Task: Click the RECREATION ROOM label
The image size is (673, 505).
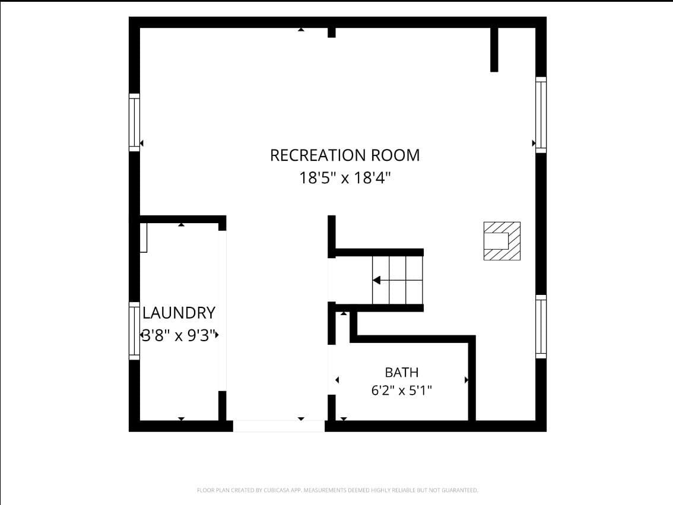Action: coord(345,155)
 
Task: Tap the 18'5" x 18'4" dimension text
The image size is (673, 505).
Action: coord(345,177)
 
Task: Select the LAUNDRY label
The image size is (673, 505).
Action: coord(179,313)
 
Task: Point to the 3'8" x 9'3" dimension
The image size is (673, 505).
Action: coord(179,335)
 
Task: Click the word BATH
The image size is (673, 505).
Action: coord(402,373)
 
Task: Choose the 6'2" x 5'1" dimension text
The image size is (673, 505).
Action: coord(401,390)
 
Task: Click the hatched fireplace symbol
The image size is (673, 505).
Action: coord(502,241)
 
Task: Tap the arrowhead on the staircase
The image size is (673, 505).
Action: coord(376,280)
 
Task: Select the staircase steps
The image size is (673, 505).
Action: coord(398,280)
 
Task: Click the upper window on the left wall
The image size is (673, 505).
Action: coord(134,122)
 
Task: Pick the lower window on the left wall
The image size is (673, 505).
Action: coord(134,331)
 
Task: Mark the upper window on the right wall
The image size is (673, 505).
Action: coord(541,115)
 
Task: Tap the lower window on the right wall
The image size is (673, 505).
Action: coord(541,326)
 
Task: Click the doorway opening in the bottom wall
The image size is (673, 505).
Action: coord(278,426)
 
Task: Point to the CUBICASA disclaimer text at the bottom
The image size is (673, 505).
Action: coord(337,490)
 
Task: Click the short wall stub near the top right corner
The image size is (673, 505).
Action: coord(494,50)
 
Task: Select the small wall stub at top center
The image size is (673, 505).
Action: coord(331,33)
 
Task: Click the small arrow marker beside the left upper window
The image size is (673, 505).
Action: coord(142,143)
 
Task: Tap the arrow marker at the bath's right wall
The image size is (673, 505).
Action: coord(466,380)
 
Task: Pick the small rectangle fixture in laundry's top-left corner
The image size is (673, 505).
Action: coord(144,238)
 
